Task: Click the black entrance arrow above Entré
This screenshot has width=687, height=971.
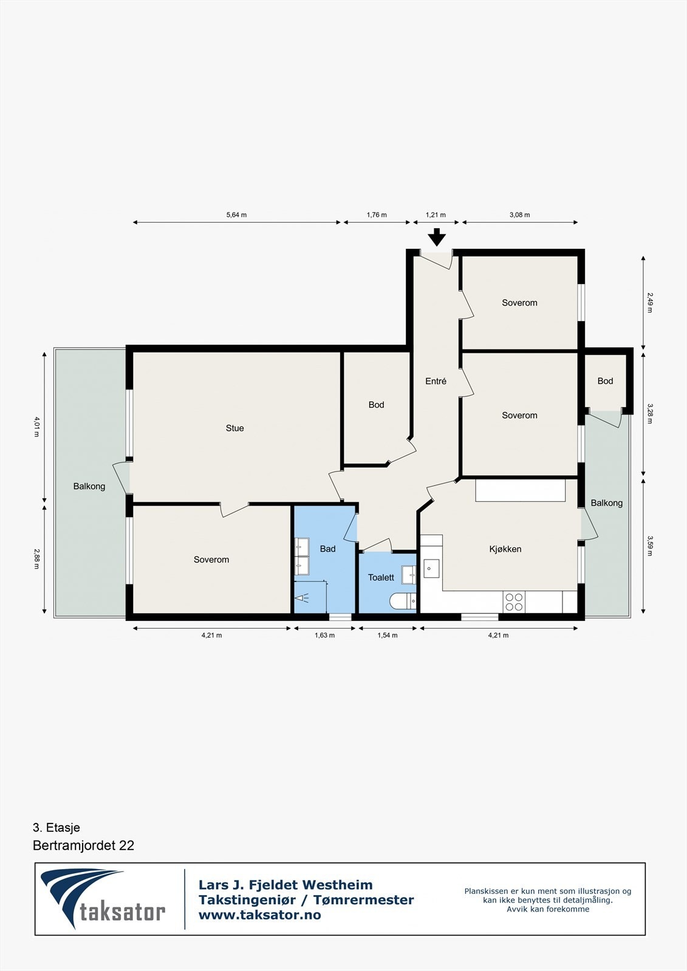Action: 436,237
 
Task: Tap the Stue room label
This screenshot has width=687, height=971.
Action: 234,428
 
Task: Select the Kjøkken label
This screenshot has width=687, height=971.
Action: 505,549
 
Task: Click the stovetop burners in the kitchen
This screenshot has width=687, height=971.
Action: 514,601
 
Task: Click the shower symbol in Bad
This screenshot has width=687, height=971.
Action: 302,598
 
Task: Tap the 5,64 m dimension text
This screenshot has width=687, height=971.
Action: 236,215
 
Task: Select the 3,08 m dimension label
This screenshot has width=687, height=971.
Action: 519,215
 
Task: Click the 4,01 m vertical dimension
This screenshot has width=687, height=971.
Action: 36,427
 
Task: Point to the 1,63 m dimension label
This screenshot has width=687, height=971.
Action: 324,635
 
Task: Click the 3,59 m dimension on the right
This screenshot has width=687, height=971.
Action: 649,546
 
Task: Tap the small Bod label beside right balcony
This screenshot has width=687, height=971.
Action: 605,381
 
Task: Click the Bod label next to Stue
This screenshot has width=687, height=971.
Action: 376,405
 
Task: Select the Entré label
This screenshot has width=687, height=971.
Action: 436,381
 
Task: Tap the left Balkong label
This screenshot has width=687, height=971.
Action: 89,486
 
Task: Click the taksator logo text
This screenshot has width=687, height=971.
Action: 122,912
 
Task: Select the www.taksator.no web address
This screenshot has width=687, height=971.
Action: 259,915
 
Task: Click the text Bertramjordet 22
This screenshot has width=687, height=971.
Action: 83,845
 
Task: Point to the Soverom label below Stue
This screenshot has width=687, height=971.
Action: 211,560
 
